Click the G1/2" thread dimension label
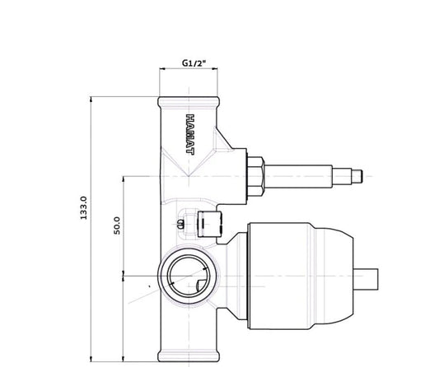point(194,63)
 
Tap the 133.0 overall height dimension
point(84,208)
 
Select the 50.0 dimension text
point(117,225)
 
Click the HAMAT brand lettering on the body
point(190,134)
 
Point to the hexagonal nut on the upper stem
point(255,176)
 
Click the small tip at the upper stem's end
point(357,177)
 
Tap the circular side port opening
point(189,276)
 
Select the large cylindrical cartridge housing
point(280,276)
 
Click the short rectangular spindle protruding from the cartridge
point(366,279)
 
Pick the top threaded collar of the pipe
point(189,102)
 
